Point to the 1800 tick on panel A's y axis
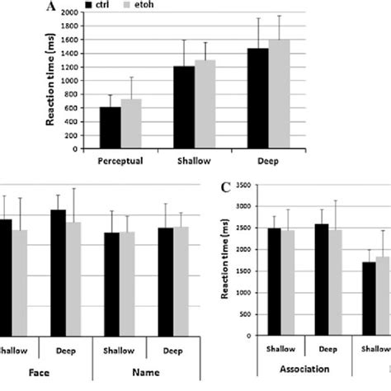(82, 26)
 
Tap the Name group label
(146, 372)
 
